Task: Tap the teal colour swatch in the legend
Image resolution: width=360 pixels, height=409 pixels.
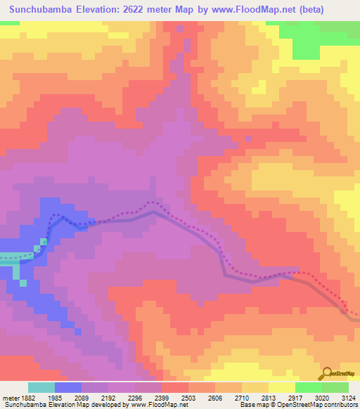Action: tap(41, 387)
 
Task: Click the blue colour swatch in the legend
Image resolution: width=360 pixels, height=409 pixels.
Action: tap(68, 387)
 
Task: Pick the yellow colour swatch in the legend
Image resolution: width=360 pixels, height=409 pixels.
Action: tap(281, 387)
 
